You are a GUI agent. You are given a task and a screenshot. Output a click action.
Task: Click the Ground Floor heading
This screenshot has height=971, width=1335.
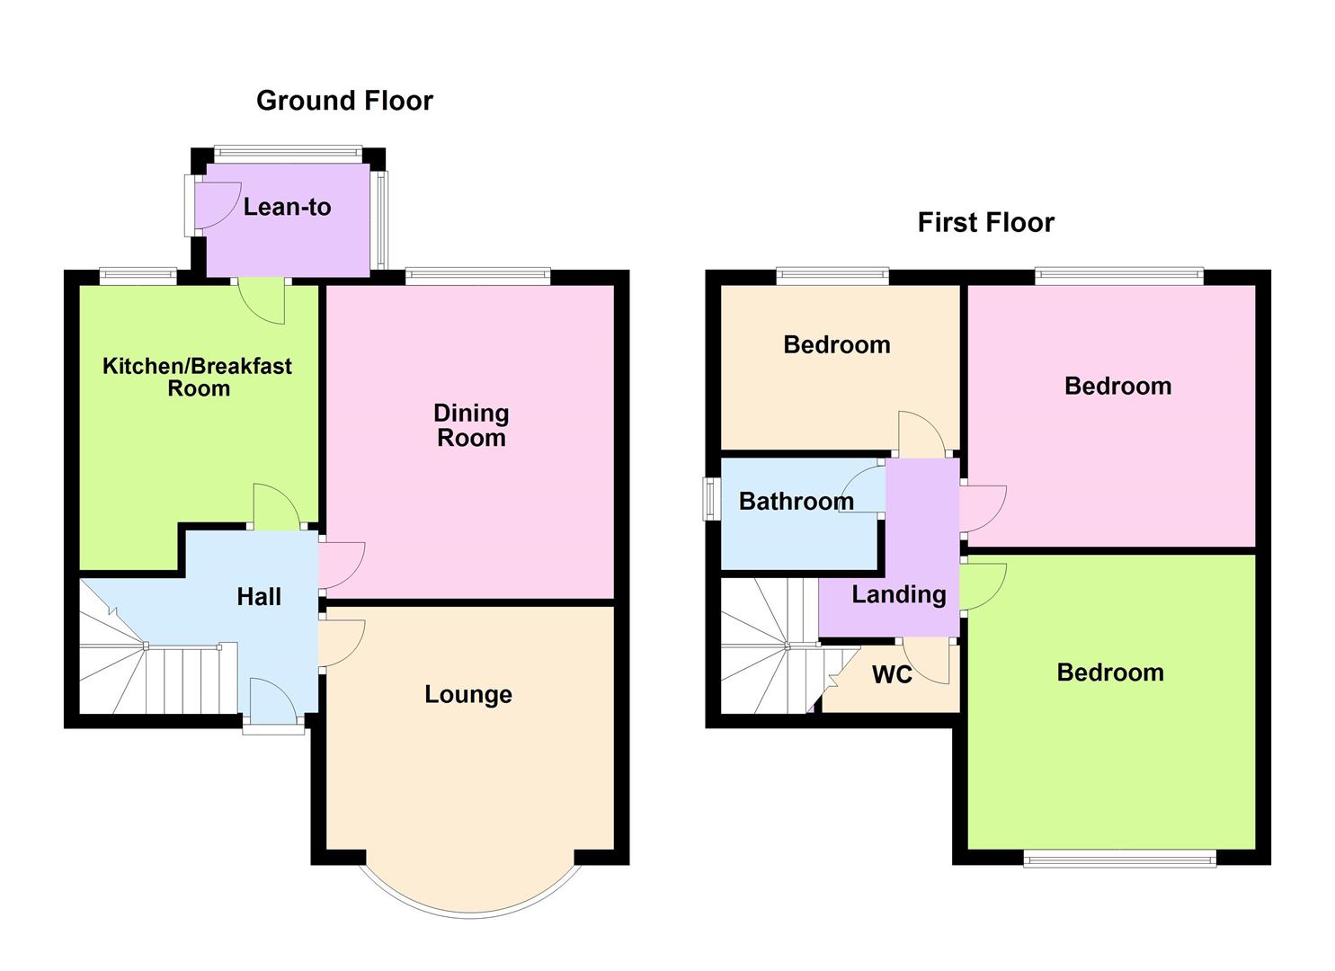click(344, 101)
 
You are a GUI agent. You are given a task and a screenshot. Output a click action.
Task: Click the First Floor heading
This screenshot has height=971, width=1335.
click(985, 223)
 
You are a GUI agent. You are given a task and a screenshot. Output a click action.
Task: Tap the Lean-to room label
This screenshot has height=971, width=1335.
click(287, 207)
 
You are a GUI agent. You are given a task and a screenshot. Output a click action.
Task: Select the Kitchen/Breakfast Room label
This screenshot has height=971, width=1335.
click(197, 377)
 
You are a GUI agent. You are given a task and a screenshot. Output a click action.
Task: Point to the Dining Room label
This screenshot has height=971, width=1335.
click(471, 425)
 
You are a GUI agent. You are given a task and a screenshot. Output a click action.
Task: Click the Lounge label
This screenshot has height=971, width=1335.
click(468, 694)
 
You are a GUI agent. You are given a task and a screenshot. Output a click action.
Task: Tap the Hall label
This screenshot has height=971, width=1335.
click(259, 596)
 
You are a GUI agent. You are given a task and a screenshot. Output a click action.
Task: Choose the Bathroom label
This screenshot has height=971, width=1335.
click(796, 501)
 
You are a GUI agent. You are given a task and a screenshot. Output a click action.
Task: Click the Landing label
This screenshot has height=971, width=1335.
click(898, 594)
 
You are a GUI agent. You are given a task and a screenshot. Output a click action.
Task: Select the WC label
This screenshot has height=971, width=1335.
click(892, 674)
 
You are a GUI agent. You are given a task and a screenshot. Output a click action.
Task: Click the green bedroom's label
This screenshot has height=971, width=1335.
click(1109, 673)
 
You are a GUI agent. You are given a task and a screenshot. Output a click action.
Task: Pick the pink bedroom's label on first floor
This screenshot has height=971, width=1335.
click(1117, 386)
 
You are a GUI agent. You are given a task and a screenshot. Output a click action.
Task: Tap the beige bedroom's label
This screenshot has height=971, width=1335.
click(836, 344)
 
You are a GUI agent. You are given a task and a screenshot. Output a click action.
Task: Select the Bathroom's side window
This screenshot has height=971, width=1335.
click(711, 498)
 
